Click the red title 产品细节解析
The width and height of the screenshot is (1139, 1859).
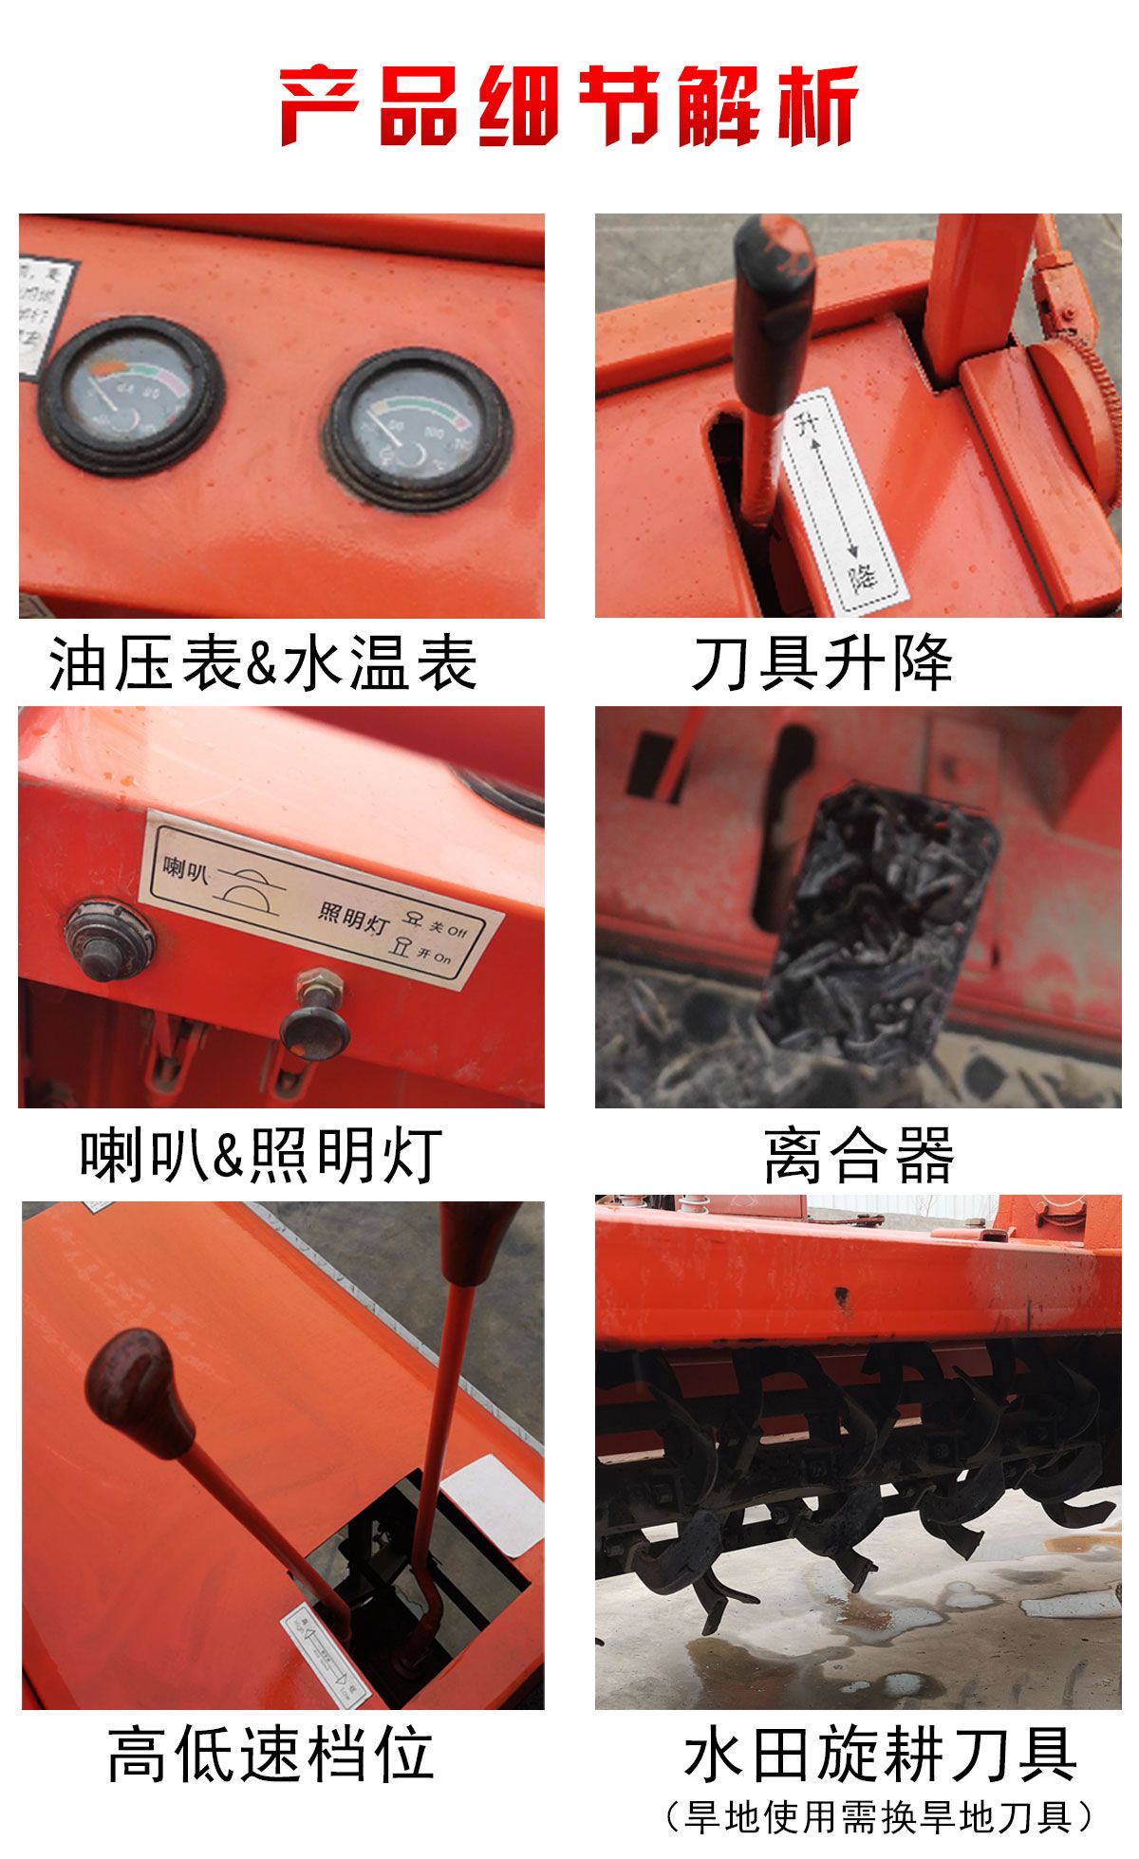569,104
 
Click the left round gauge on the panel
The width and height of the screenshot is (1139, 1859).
131,395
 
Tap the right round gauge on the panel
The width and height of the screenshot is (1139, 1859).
418,429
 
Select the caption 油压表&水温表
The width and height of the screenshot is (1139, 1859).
263,662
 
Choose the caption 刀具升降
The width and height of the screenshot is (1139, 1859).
822,662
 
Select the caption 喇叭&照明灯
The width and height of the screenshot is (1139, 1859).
261,1155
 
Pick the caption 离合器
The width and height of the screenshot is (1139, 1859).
859,1155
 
